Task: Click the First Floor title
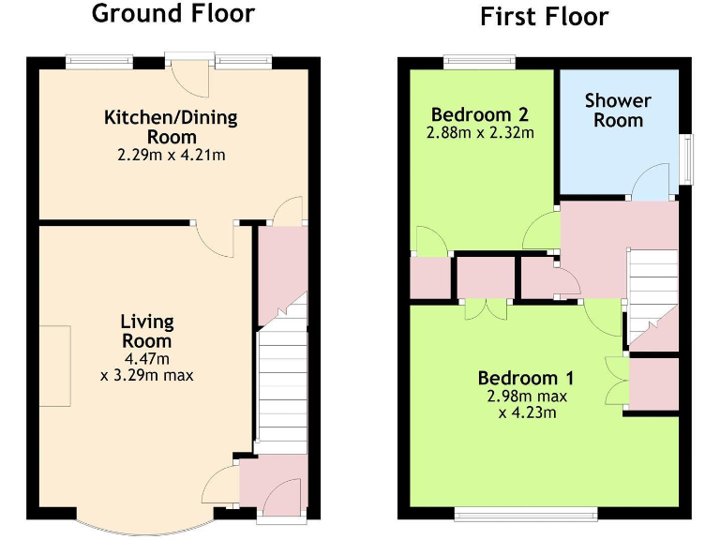tap(544, 16)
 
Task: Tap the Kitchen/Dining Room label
tap(171, 127)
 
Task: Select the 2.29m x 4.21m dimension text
tap(171, 155)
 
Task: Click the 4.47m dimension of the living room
tap(147, 359)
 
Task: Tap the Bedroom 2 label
tap(480, 115)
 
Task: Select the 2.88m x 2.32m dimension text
tap(480, 133)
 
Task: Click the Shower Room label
tap(618, 111)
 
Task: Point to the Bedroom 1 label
tap(525, 379)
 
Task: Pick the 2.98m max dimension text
tap(527, 396)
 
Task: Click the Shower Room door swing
tap(652, 183)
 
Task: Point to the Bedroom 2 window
tap(479, 63)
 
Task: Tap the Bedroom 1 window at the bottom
tap(525, 512)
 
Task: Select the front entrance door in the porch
tap(285, 496)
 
